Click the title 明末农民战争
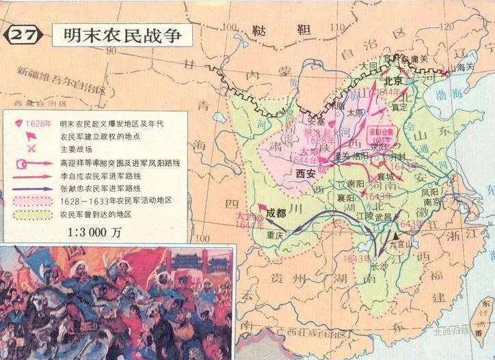tap(122, 34)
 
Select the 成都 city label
tap(277, 212)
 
